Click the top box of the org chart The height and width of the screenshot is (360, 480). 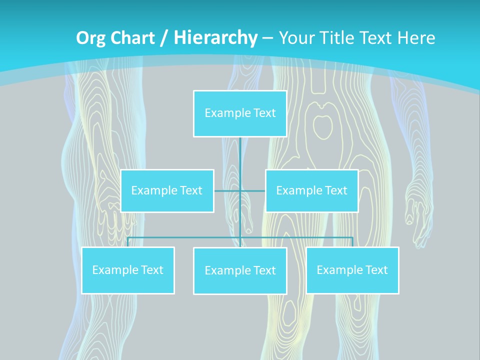pyautogui.click(x=240, y=113)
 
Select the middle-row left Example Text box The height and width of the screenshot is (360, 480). pyautogui.click(x=167, y=190)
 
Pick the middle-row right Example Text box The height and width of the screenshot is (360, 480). pyautogui.click(x=311, y=190)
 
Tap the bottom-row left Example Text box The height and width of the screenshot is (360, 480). pyautogui.click(x=128, y=270)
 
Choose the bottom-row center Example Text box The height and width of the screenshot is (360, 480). pyautogui.click(x=240, y=270)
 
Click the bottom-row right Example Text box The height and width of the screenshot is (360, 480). pyautogui.click(x=352, y=270)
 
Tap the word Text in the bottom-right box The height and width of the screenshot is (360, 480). pyautogui.click(x=376, y=270)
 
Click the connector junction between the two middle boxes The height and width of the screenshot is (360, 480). pyautogui.click(x=240, y=190)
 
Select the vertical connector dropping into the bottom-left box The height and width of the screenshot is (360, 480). pyautogui.click(x=128, y=241)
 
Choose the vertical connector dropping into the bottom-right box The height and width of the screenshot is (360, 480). pyautogui.click(x=352, y=241)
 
